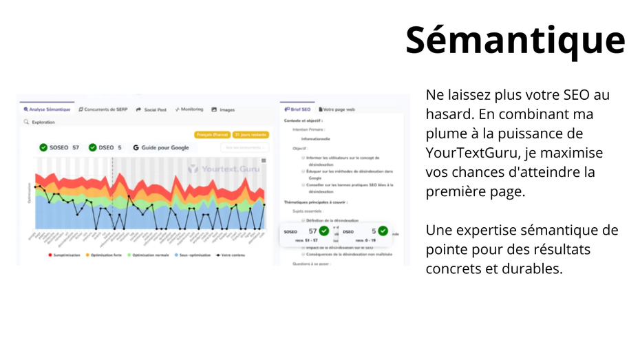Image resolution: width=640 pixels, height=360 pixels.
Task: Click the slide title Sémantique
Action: pyautogui.click(x=515, y=40)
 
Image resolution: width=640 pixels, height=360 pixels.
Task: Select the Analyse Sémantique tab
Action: pyautogui.click(x=47, y=109)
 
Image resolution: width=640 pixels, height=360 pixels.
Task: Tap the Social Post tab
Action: pyautogui.click(x=151, y=109)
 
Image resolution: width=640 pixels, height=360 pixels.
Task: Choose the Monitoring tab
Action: pyautogui.click(x=189, y=109)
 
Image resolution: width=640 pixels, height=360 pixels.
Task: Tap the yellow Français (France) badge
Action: pyautogui.click(x=212, y=135)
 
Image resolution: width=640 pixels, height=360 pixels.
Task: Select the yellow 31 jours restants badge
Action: pyautogui.click(x=250, y=135)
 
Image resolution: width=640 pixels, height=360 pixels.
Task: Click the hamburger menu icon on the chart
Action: pyautogui.click(x=264, y=160)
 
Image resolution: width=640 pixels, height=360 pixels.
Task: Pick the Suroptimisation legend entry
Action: pyautogui.click(x=64, y=255)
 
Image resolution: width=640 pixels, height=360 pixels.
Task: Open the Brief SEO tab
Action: pyautogui.click(x=298, y=109)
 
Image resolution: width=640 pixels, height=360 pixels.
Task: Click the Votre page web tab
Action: pyautogui.click(x=337, y=109)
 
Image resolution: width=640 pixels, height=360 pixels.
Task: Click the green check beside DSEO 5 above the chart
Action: pyautogui.click(x=93, y=147)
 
